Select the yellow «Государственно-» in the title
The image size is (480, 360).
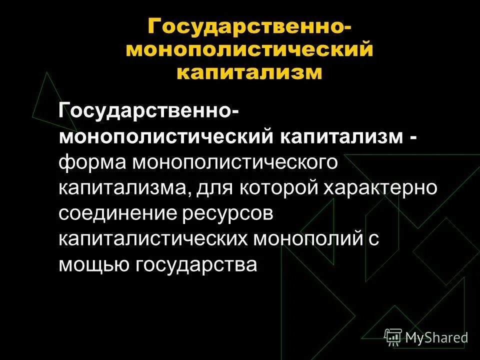click(x=249, y=26)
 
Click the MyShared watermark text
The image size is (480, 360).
click(x=436, y=337)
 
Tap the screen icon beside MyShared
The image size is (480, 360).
click(x=393, y=337)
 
